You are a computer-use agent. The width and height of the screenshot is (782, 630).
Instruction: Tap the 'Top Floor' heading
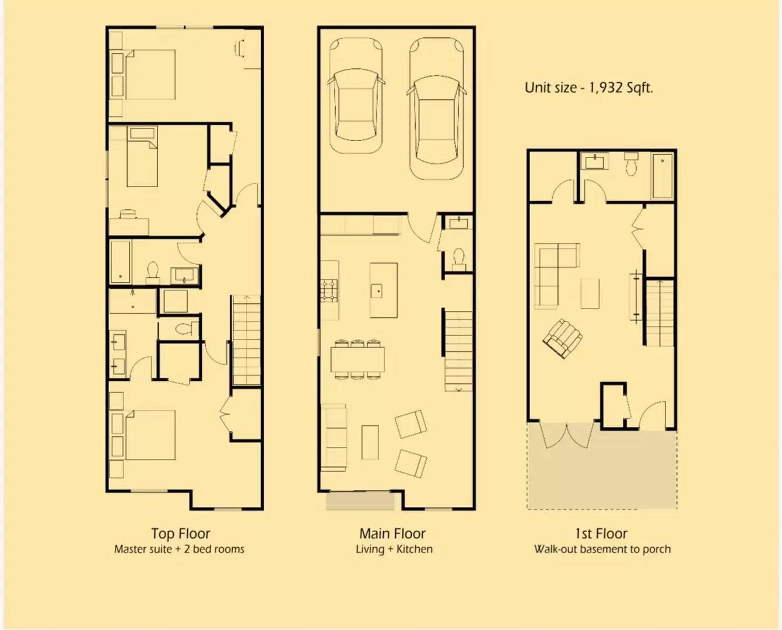point(180,534)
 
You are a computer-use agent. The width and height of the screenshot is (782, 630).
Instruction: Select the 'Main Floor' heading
point(392,534)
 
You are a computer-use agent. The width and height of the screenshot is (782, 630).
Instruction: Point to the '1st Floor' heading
point(601,534)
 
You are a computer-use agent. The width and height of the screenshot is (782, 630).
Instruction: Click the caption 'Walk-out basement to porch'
point(602,549)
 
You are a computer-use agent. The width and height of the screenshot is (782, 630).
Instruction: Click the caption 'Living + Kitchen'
point(394,549)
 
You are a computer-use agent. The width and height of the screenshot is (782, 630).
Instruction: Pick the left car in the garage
point(356,96)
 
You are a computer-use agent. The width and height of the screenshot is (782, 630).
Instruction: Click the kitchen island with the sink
point(383,290)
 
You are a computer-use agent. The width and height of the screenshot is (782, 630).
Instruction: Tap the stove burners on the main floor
point(329,290)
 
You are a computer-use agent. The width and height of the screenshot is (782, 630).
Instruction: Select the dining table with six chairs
point(357,359)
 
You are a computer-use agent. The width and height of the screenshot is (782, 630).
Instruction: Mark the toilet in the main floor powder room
point(458,257)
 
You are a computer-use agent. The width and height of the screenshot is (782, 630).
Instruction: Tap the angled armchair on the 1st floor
point(563,338)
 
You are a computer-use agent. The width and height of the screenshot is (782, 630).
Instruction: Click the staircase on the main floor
point(458,350)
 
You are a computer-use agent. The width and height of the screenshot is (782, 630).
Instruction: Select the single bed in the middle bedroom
point(142,157)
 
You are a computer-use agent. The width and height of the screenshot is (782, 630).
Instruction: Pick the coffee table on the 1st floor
point(590,293)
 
